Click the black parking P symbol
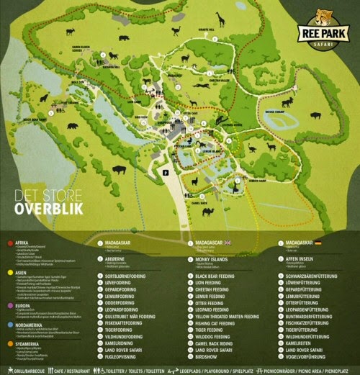(165, 173)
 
